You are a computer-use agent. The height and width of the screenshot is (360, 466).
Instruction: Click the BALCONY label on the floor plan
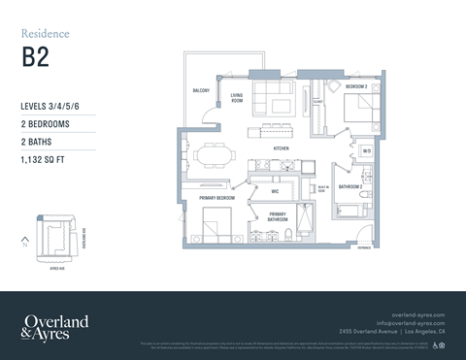click(x=202, y=90)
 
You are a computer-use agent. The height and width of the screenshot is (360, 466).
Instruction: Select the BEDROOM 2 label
click(x=356, y=86)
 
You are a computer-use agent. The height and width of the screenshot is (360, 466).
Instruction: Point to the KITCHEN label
click(x=282, y=148)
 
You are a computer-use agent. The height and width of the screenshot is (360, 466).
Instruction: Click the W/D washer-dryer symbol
click(x=366, y=151)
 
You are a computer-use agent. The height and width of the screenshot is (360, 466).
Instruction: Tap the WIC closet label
click(x=276, y=190)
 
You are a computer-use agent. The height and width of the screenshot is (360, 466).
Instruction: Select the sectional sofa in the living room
click(x=273, y=97)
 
